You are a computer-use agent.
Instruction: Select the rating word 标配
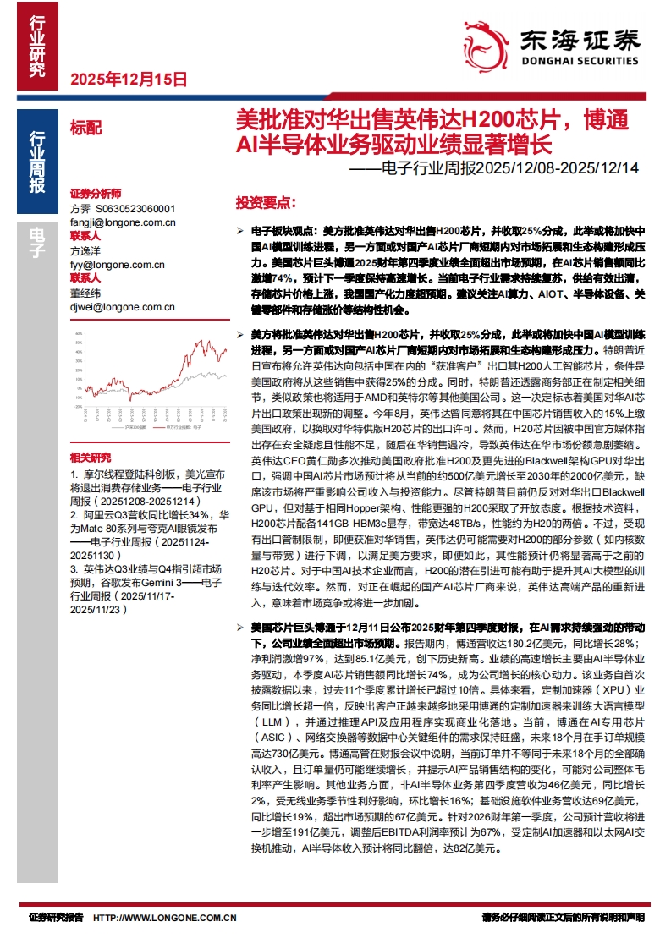85,129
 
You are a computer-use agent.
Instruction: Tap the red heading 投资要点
266,203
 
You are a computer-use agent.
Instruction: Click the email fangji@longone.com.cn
123,222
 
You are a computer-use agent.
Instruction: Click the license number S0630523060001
135,208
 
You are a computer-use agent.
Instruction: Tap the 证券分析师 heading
96,194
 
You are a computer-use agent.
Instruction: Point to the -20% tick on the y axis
78,407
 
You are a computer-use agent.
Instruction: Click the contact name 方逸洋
85,250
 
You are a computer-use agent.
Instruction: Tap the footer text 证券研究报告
56,917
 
